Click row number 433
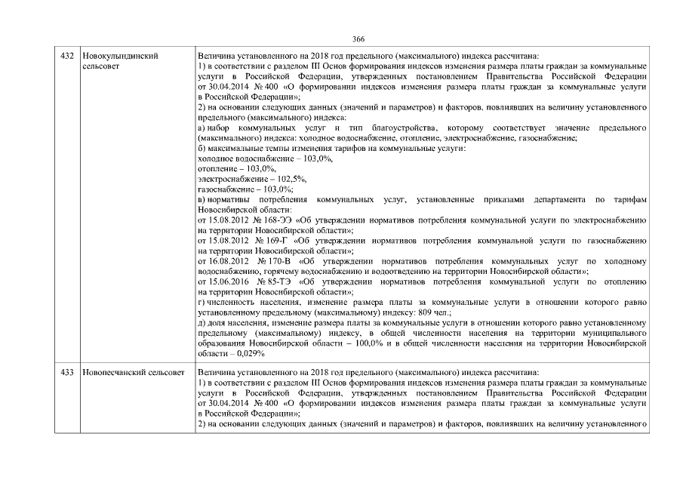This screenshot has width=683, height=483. click(x=66, y=373)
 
